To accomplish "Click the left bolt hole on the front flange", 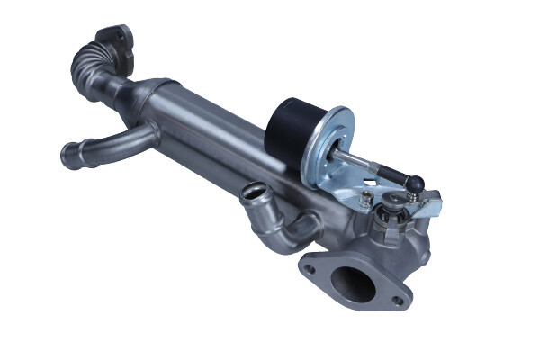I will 310,268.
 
